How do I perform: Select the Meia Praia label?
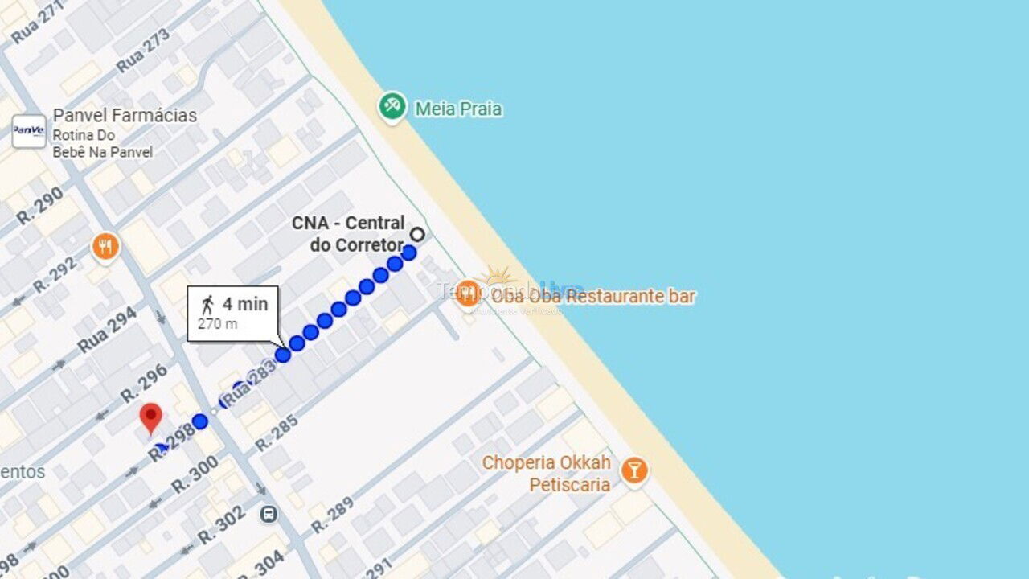pos(458,109)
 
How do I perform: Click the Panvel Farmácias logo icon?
pos(29,131)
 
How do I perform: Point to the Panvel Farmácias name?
pos(125,116)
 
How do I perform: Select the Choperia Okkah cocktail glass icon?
pos(633,470)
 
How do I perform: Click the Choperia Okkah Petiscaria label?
pos(546,474)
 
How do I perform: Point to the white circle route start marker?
pos(417,234)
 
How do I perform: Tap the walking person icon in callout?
pos(208,305)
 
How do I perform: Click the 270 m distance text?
pos(217,324)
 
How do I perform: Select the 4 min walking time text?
pos(245,304)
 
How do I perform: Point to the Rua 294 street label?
pos(107,331)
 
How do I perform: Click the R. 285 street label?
pos(277,432)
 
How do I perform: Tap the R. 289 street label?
pos(331,515)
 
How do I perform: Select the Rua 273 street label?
pos(144,50)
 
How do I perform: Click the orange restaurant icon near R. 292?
pos(105,246)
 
